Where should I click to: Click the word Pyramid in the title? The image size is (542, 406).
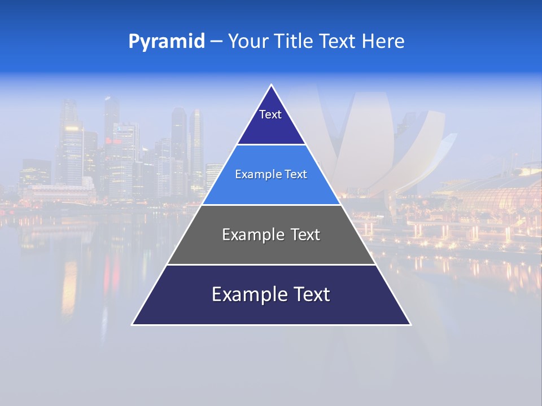(166, 42)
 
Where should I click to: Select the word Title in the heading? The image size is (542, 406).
(294, 42)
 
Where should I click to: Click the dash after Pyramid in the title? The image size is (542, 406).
(216, 42)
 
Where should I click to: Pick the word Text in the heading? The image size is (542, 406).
(339, 42)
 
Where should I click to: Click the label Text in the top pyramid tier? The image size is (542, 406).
(270, 114)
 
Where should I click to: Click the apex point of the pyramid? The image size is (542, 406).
(271, 85)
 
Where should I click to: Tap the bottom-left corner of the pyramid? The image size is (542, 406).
(133, 324)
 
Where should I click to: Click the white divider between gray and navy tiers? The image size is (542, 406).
(271, 264)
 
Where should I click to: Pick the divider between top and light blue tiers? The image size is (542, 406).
(271, 144)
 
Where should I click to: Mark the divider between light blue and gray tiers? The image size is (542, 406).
(271, 205)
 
